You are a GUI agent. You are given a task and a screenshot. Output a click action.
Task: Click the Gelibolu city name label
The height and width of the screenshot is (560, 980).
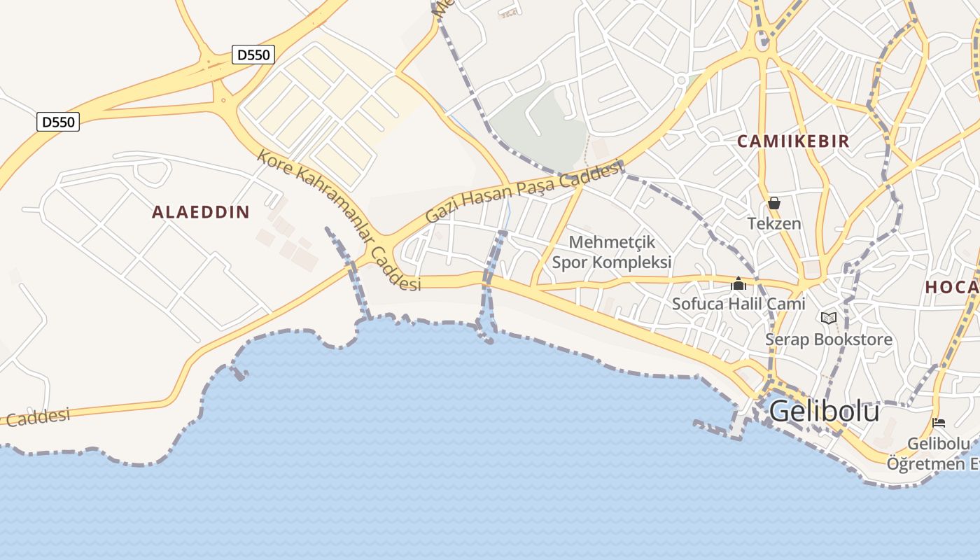coord(824,411)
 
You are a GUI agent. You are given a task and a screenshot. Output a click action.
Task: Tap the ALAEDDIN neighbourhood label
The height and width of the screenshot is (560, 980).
coord(201,212)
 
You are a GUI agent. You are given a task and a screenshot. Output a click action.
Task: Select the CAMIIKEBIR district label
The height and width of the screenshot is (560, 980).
coord(793,141)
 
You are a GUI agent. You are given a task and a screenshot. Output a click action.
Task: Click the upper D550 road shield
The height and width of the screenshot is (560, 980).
coord(253,54)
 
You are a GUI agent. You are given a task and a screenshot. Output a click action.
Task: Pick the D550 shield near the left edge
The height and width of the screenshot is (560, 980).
coord(58,122)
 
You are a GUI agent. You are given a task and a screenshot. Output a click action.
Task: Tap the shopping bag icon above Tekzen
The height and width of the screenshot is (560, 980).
coord(774,204)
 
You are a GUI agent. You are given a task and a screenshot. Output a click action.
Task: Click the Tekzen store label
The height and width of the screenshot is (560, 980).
coord(774,224)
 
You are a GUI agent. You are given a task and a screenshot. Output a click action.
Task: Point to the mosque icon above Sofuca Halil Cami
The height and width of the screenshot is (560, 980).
coord(738,284)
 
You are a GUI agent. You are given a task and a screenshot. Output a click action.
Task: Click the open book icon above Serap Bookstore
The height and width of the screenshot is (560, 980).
coord(829,318)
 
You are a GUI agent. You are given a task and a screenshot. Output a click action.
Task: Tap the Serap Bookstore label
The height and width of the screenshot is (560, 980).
coord(829,339)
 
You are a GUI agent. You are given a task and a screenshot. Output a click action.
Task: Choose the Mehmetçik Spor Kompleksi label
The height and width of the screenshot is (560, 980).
coord(612,252)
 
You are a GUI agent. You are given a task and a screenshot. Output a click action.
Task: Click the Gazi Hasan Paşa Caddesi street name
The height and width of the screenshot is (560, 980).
coord(524,191)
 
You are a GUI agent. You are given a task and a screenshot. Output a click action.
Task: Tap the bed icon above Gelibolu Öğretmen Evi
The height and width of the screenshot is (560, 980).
coord(939,423)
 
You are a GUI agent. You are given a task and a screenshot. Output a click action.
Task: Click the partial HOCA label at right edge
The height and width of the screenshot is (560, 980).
coord(952,287)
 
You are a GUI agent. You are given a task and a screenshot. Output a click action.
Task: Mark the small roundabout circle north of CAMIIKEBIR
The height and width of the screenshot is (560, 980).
coord(680,80)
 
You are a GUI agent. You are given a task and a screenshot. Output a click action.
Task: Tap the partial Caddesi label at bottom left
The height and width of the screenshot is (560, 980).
coord(38,418)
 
